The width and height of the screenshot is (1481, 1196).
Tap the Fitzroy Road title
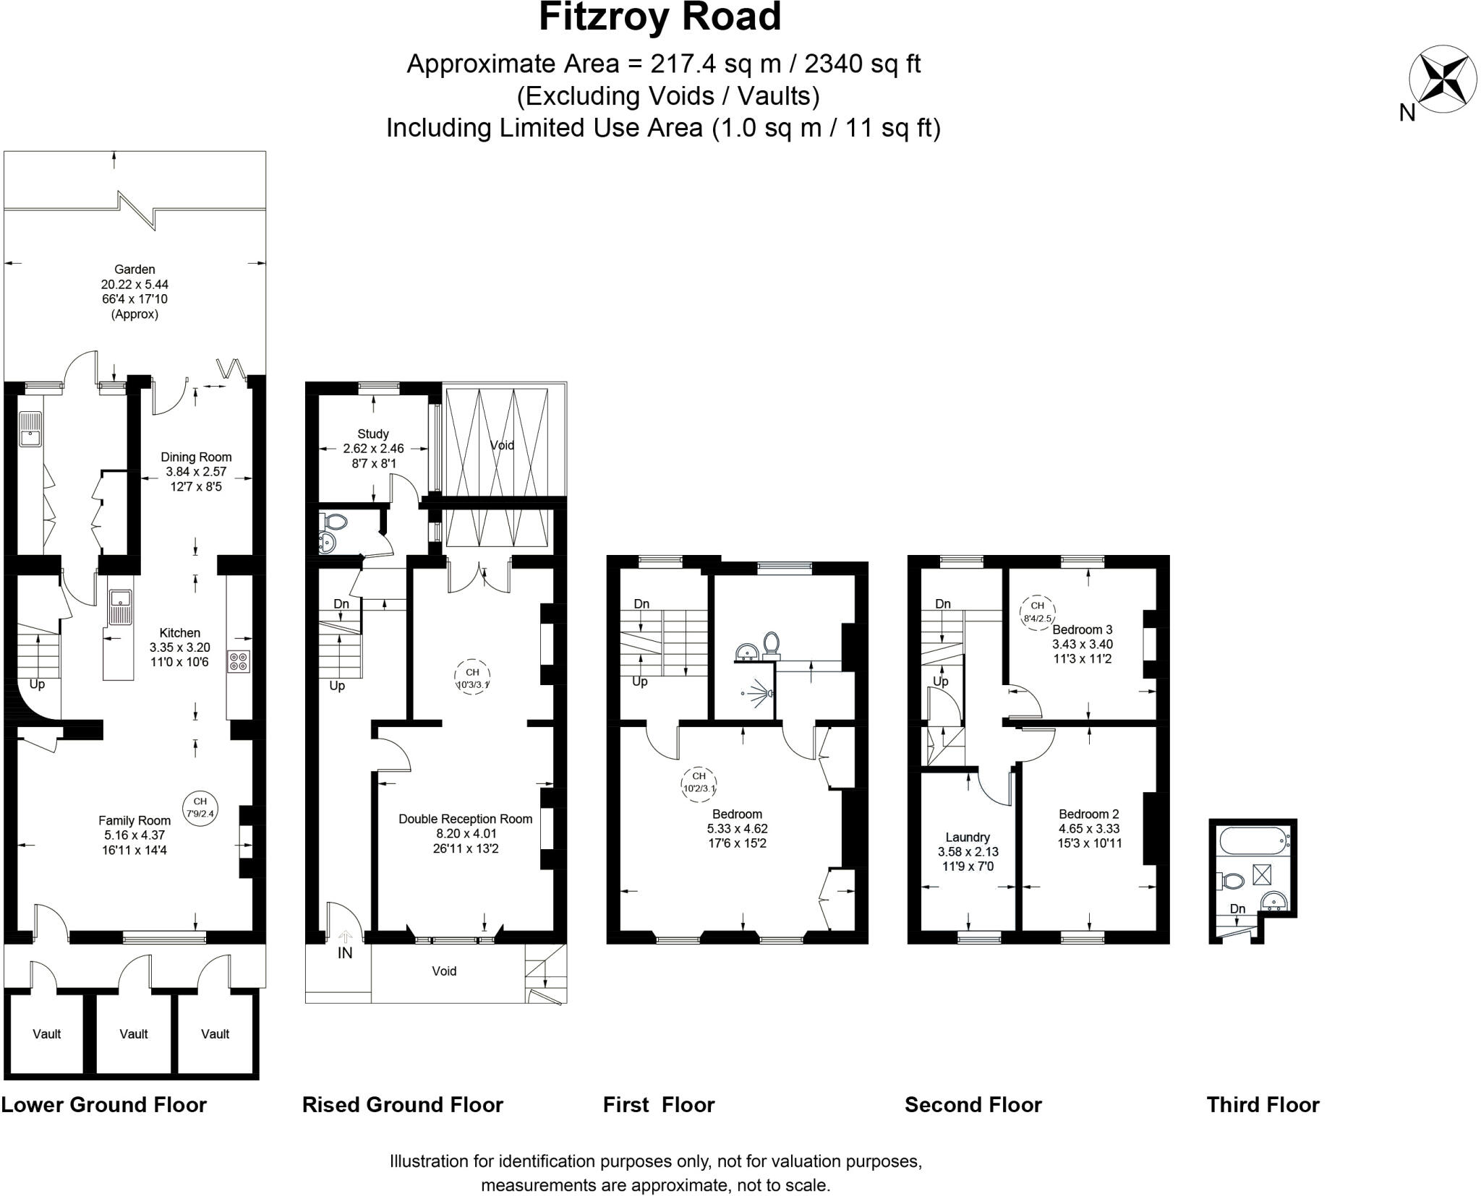pos(660,17)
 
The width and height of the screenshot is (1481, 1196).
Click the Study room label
pos(373,448)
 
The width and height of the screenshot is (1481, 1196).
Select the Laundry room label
pos(967,851)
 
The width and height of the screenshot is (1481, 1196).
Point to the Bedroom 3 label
pos(1082,644)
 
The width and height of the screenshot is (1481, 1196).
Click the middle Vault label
pos(134,1034)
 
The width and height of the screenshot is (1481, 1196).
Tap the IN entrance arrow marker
pos(345,937)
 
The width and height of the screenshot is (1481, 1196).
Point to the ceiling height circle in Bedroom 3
pos(1037,611)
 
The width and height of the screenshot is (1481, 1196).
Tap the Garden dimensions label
pos(135,291)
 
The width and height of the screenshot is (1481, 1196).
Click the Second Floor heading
pos(973,1105)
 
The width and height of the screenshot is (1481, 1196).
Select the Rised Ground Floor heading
pos(402,1105)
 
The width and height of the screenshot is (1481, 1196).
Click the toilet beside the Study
pos(336,521)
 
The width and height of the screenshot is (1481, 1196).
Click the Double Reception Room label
pos(465,833)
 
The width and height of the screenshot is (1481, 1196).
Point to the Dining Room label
pos(196,471)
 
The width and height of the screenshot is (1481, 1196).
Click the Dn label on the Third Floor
pos(1237,909)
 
